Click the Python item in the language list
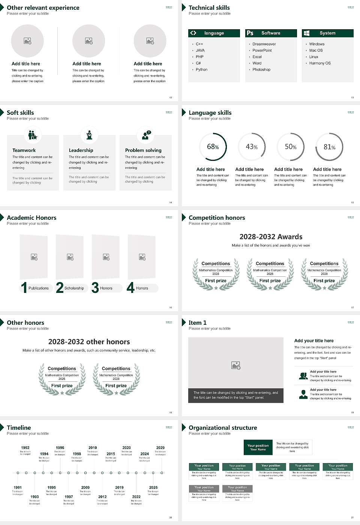[x=201, y=70]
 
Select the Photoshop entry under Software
[x=261, y=70]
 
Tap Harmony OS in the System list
[x=320, y=63]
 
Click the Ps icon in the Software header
[x=250, y=33]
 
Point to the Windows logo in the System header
[x=306, y=33]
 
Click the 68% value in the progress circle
[x=213, y=147]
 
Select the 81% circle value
[x=329, y=147]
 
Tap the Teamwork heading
[x=24, y=150]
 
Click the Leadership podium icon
[x=89, y=135]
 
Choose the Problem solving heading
[x=143, y=150]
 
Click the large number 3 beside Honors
[x=95, y=288]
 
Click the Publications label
[x=39, y=288]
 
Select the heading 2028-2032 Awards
[x=271, y=237]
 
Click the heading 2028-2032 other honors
[x=89, y=342]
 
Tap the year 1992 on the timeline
[x=25, y=448]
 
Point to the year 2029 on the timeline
[x=160, y=448]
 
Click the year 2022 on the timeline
[x=136, y=497]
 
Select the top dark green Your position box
[x=258, y=447]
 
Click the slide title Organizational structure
[x=223, y=428]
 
